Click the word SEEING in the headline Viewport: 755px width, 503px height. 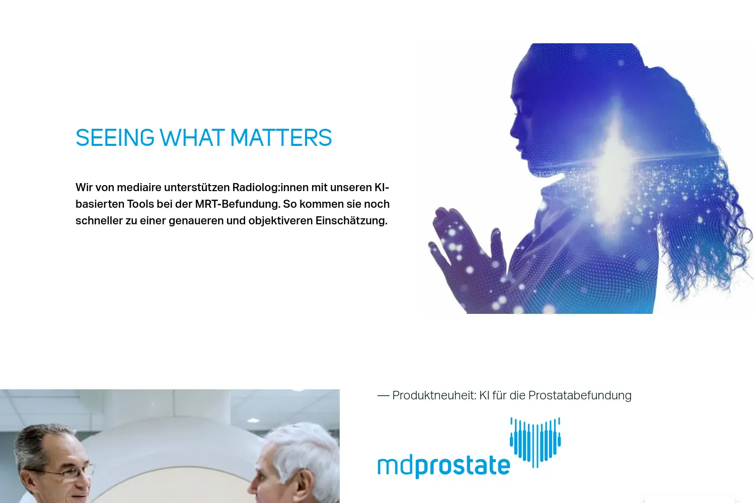click(x=115, y=138)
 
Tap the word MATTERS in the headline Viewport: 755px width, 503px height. click(x=281, y=138)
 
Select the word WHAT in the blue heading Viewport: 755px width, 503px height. click(x=192, y=138)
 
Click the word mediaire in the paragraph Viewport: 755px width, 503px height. click(x=139, y=187)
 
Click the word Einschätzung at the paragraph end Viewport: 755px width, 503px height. click(x=351, y=221)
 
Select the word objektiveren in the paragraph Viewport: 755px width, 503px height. click(x=280, y=221)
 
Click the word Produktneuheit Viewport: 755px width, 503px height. click(x=434, y=395)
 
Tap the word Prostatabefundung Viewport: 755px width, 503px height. click(x=580, y=395)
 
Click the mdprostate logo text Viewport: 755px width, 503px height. click(x=443, y=466)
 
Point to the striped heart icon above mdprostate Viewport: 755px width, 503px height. click(x=535, y=442)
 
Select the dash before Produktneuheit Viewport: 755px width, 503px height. click(x=383, y=396)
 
